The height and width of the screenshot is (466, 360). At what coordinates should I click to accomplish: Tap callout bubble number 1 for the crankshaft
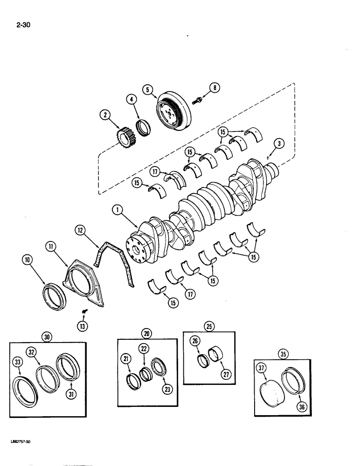coord(119,211)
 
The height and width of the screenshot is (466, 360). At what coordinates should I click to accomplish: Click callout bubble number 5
coord(148,89)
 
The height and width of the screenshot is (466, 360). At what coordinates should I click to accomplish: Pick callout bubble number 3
coord(279,144)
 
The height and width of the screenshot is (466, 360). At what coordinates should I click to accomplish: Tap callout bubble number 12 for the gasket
coord(81,230)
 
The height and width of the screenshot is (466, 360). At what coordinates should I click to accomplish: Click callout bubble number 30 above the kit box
coord(47,336)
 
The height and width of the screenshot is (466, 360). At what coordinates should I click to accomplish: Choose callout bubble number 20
coord(147,333)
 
